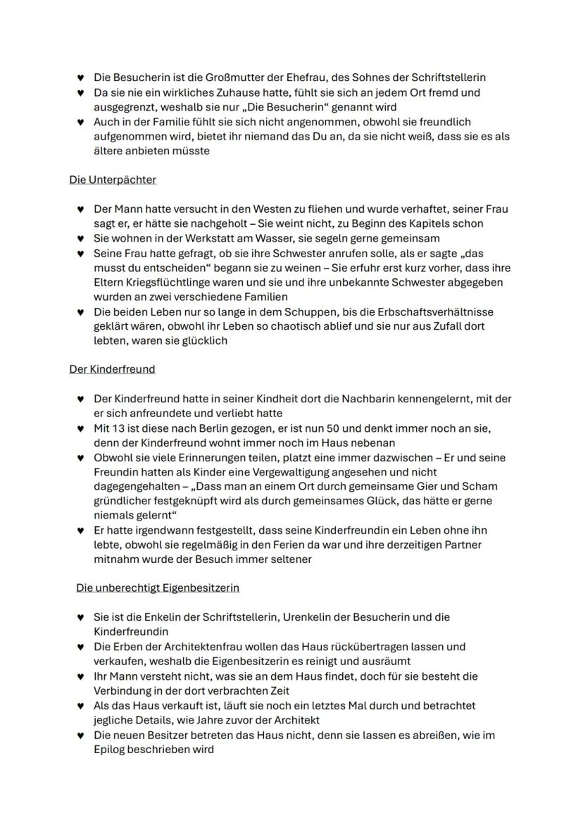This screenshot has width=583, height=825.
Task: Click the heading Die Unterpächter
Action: (x=113, y=180)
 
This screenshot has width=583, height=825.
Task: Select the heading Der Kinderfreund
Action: (x=112, y=368)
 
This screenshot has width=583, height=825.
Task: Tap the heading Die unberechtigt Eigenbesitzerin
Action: (x=158, y=588)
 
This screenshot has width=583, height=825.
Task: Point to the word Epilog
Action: (x=110, y=750)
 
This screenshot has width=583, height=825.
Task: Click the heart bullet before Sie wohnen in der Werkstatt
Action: (x=80, y=239)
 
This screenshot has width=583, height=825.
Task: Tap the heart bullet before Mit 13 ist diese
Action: (x=80, y=428)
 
